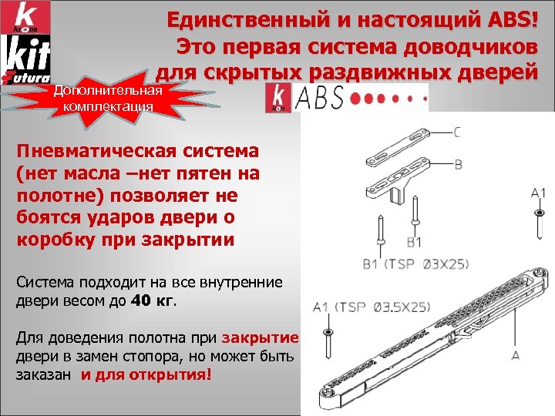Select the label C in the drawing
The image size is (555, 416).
458,132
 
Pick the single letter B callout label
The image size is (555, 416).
458,164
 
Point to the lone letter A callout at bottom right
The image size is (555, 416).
515,355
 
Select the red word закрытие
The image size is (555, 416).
259,338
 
